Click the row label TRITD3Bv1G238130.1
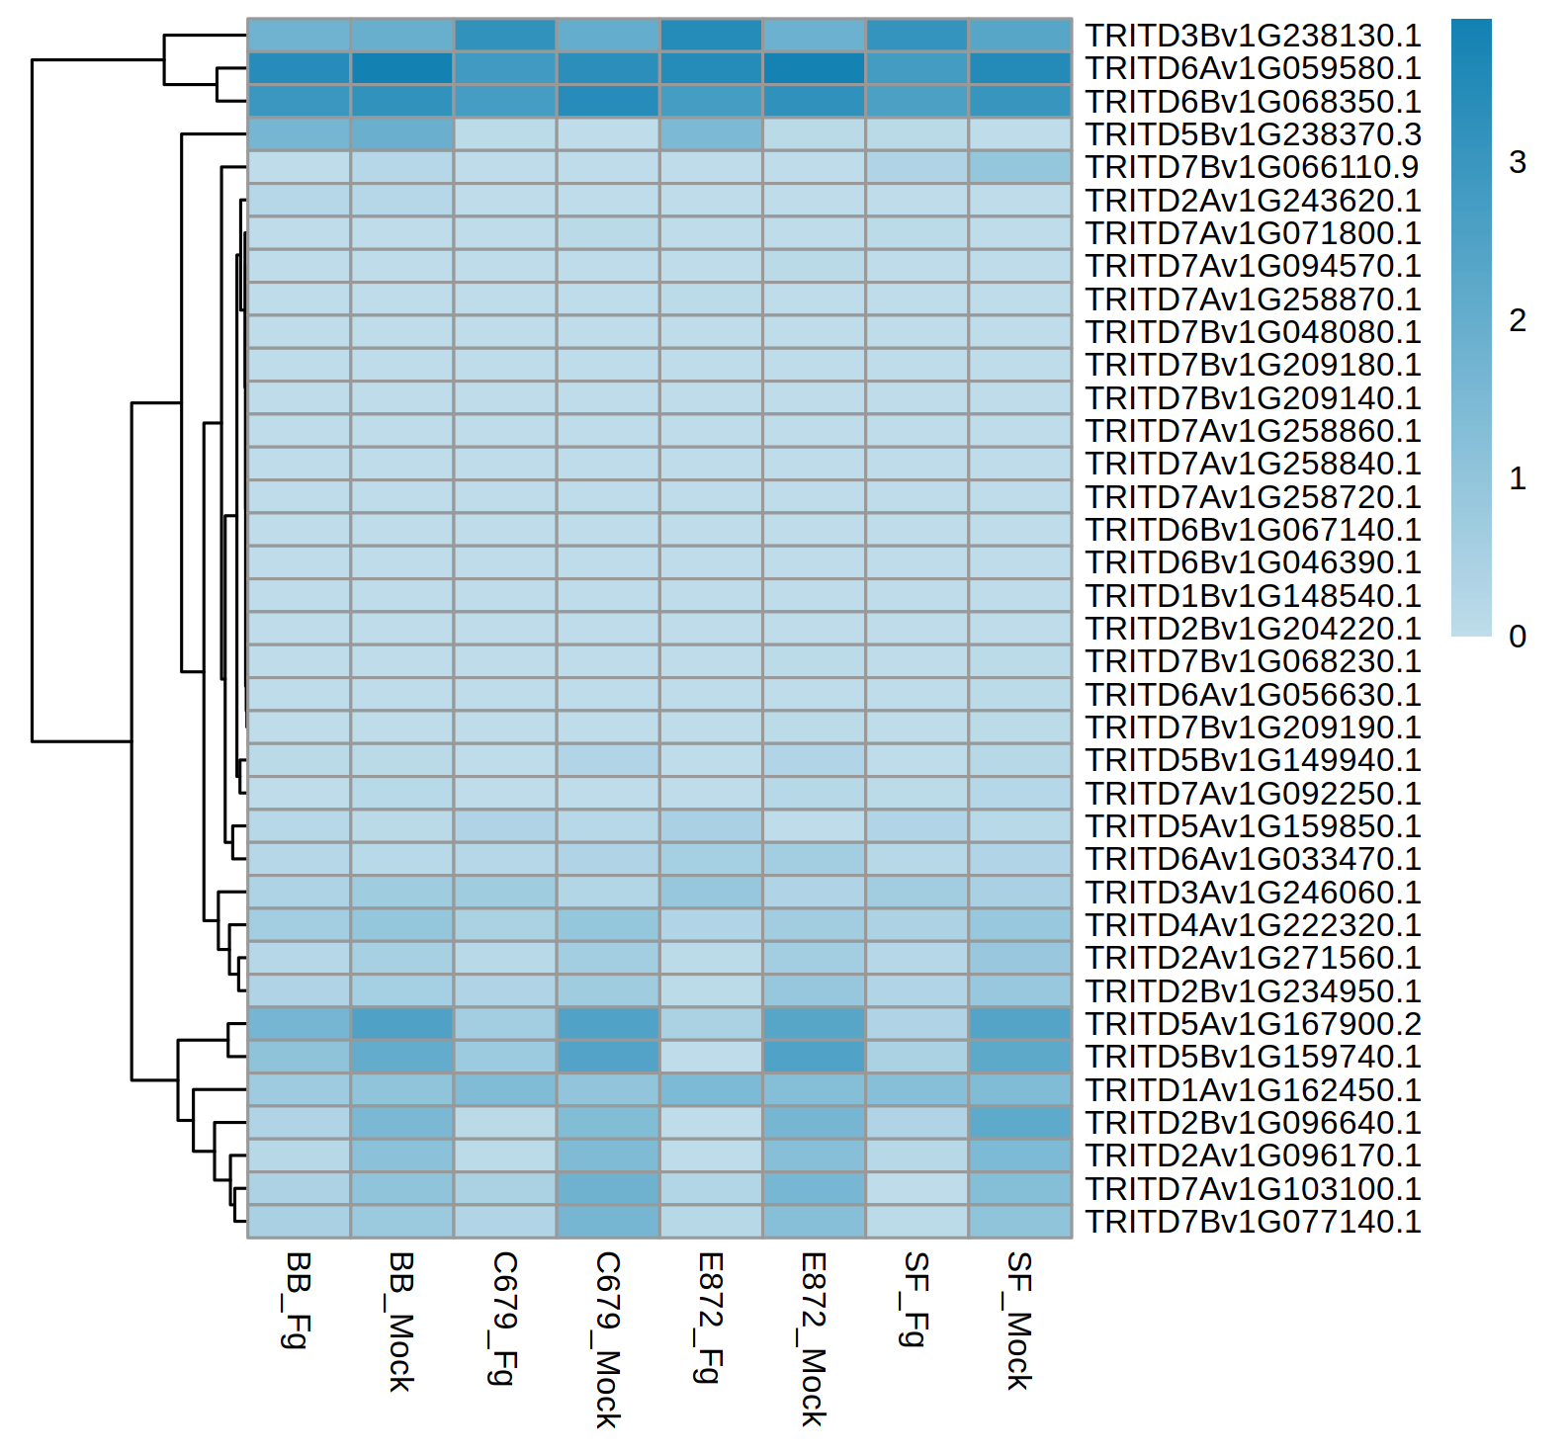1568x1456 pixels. pos(1253,36)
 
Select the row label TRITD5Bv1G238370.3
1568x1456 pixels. pos(1253,134)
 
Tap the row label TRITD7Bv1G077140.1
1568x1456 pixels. pos(1253,1222)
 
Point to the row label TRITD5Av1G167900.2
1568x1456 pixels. pos(1253,1024)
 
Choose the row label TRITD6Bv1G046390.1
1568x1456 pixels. pos(1253,562)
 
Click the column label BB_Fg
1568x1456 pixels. pos(298,1300)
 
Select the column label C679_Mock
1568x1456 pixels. pos(607,1339)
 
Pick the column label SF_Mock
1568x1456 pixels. pos(1019,1321)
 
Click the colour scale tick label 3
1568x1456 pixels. pos(1518,162)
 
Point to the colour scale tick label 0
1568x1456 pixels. pos(1518,637)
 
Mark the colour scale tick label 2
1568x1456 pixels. pos(1518,320)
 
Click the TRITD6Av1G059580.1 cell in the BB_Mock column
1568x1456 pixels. pos(401,68)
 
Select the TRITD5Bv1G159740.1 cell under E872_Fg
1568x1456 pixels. pos(711,1057)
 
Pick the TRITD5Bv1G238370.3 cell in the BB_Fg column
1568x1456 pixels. pos(299,134)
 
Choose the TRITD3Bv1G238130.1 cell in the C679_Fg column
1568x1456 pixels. pos(504,36)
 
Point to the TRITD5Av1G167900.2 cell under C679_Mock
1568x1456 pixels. pos(608,1024)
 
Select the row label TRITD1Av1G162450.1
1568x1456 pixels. pos(1253,1090)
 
